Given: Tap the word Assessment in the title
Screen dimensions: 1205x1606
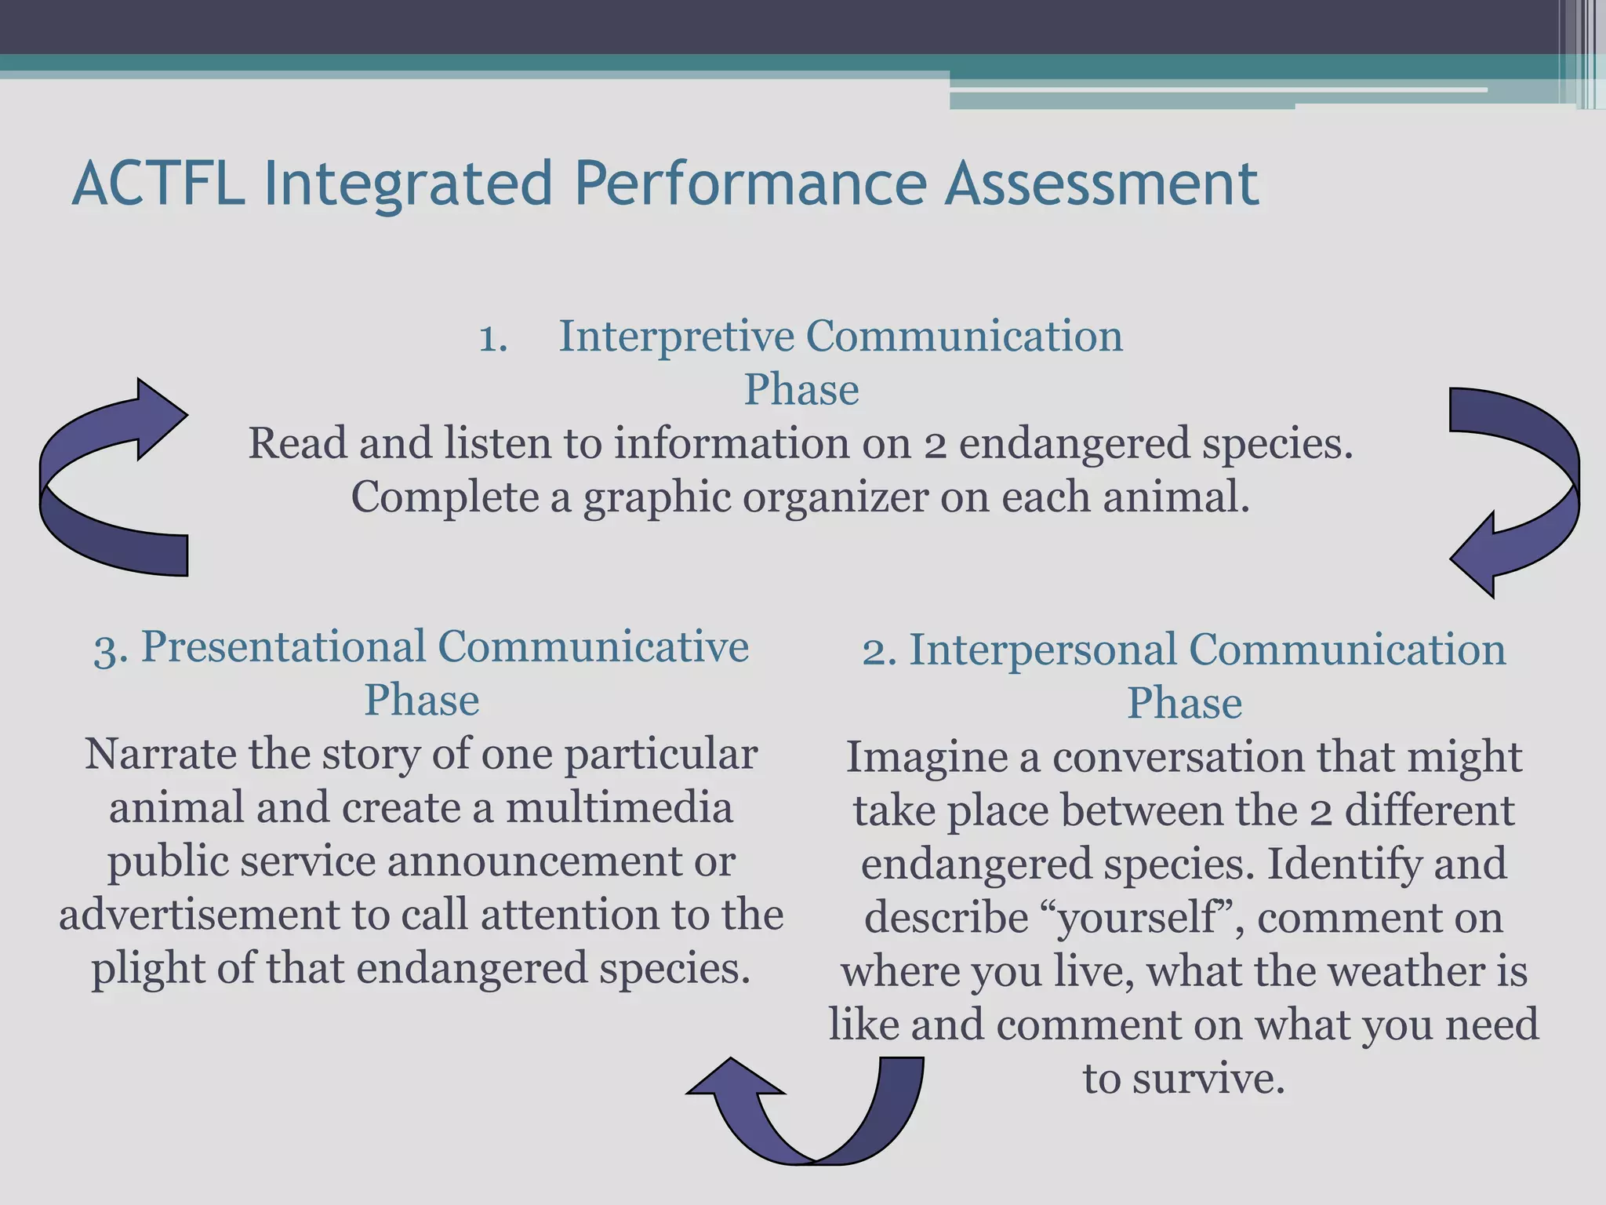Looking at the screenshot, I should [1101, 183].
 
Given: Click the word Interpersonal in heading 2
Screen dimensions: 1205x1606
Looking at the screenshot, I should [1042, 650].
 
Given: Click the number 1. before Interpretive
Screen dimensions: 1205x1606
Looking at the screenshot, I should [493, 339].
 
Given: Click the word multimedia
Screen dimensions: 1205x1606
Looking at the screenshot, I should [620, 808].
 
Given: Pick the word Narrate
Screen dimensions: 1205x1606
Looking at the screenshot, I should [161, 755].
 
